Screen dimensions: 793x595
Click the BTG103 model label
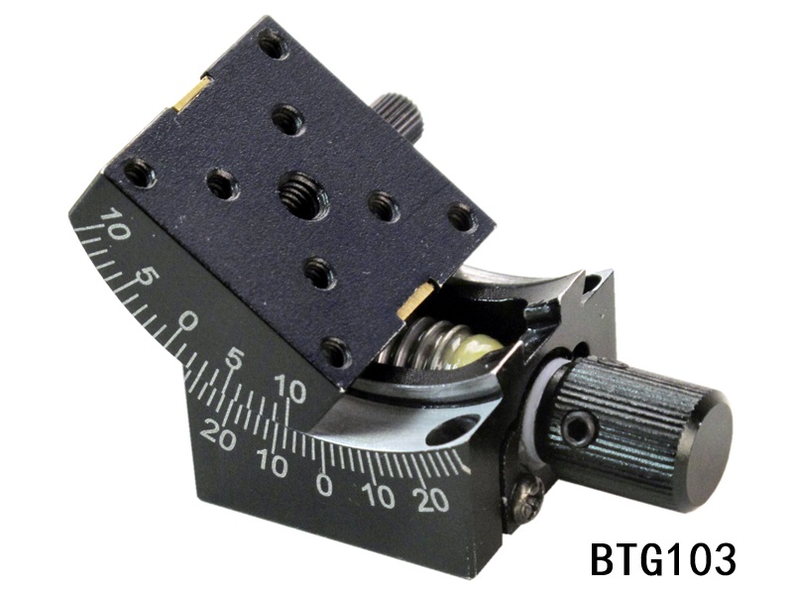point(662,559)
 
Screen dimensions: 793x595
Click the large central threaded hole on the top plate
point(298,193)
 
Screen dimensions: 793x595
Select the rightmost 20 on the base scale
point(432,499)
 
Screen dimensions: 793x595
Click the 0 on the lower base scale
point(324,484)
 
